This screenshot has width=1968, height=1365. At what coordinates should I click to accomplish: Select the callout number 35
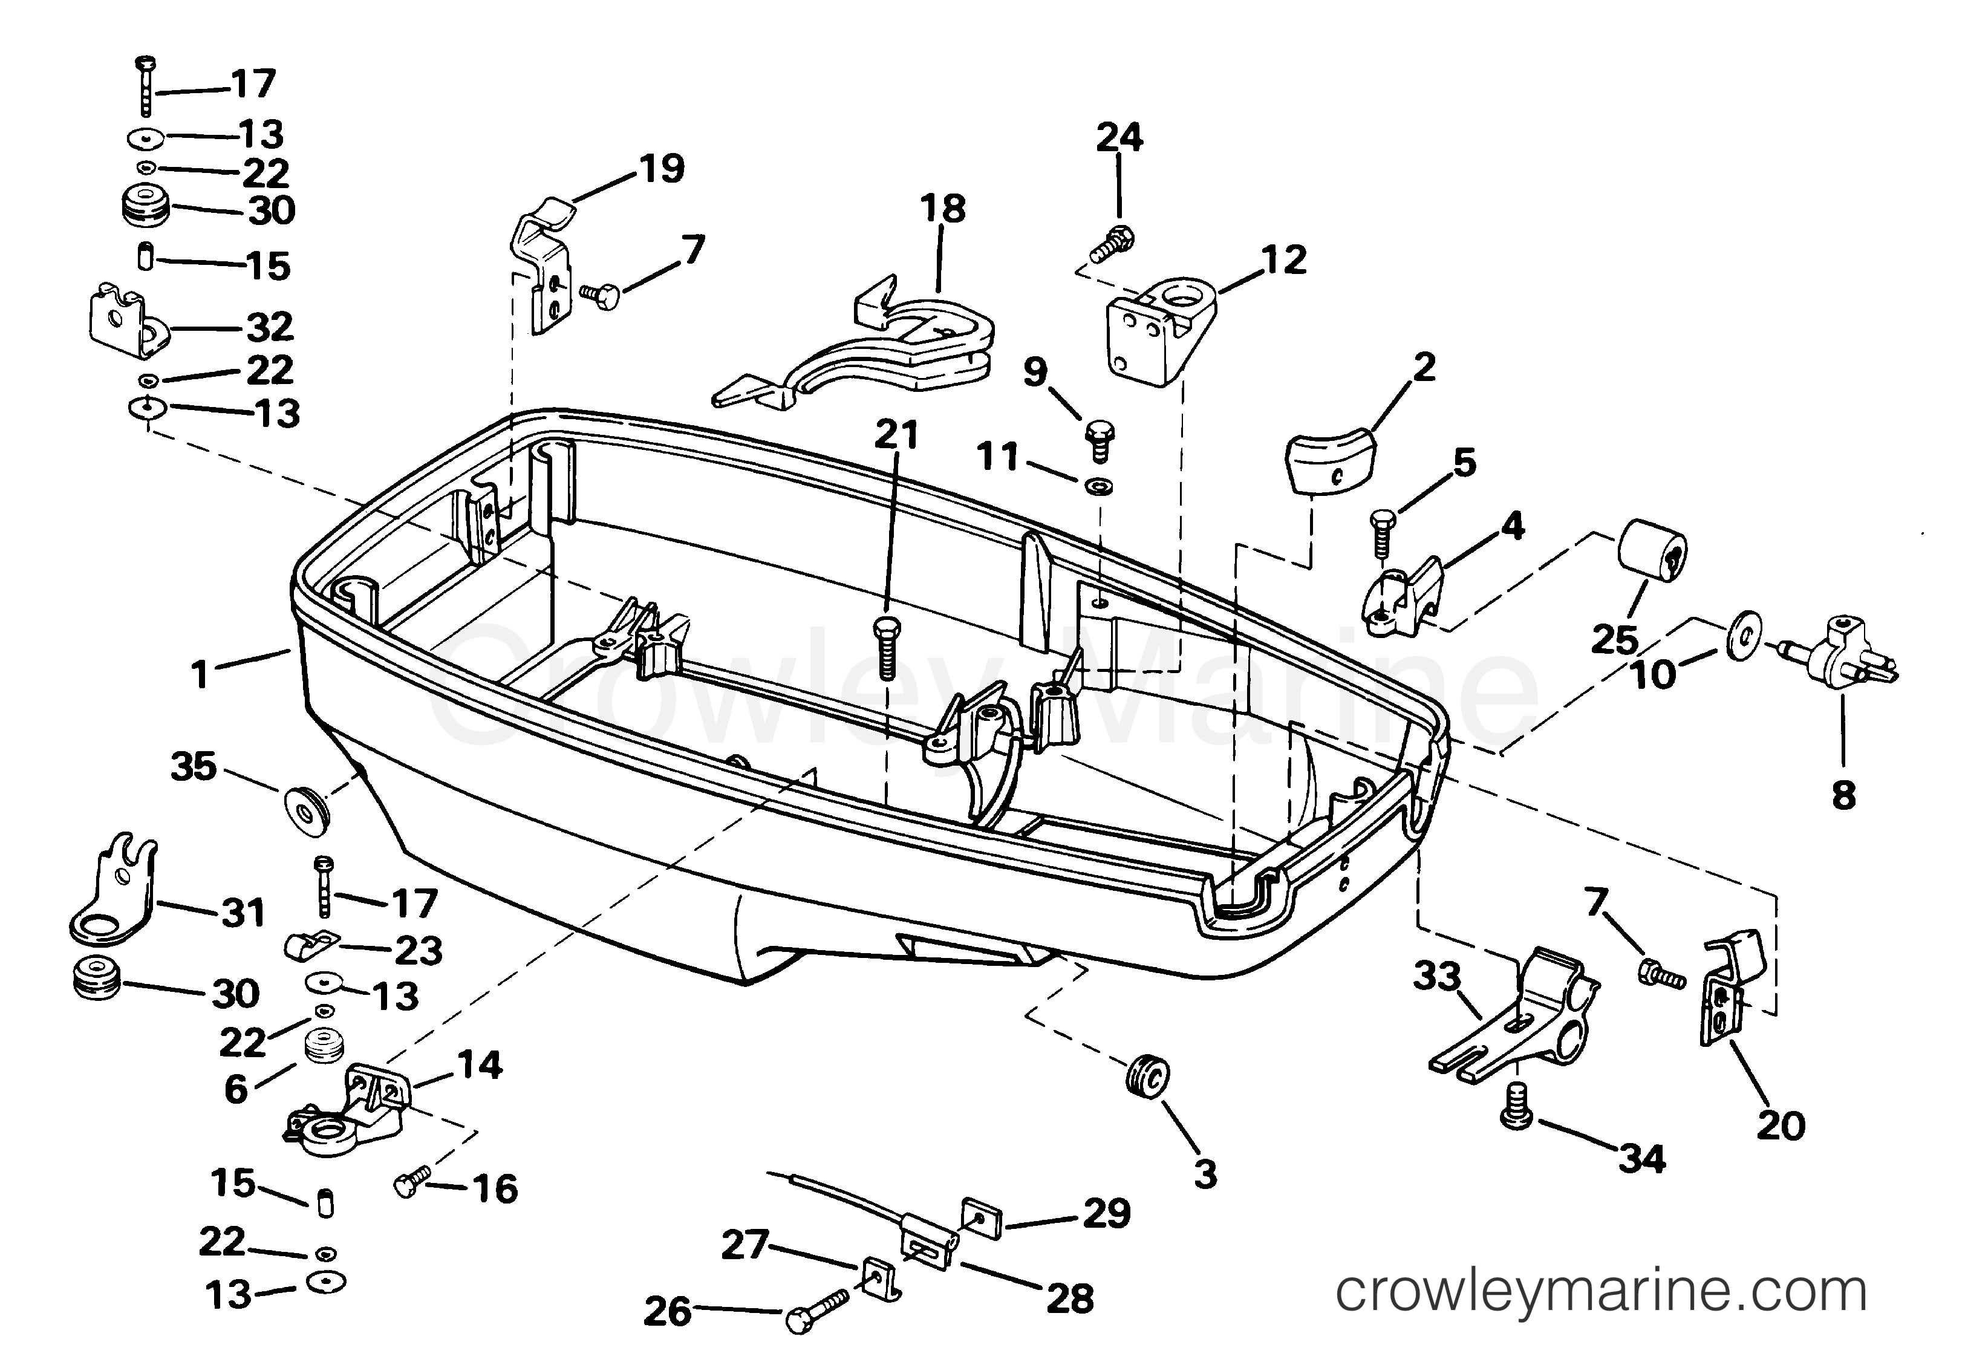194,766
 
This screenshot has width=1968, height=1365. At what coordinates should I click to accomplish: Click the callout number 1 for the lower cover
200,675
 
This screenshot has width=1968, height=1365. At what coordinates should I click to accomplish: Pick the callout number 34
1642,1160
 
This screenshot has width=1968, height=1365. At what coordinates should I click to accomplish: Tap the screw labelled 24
1111,242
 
